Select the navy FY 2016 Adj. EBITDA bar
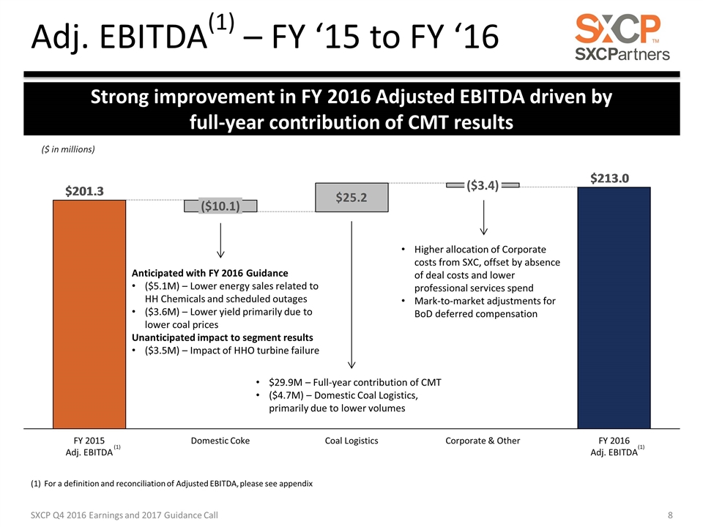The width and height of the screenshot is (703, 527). (614, 307)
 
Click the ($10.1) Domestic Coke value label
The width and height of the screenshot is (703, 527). (220, 206)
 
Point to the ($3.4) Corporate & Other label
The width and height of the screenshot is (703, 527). (483, 186)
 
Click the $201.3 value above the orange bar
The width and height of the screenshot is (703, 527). (81, 191)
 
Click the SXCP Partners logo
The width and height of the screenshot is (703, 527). (622, 37)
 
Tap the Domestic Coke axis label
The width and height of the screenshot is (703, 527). (220, 441)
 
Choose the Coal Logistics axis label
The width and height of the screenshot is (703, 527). (351, 441)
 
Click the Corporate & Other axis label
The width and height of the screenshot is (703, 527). (483, 441)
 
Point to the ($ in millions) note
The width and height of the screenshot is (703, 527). (67, 150)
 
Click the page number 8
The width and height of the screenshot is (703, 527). (671, 515)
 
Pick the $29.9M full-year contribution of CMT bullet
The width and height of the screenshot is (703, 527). (354, 382)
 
